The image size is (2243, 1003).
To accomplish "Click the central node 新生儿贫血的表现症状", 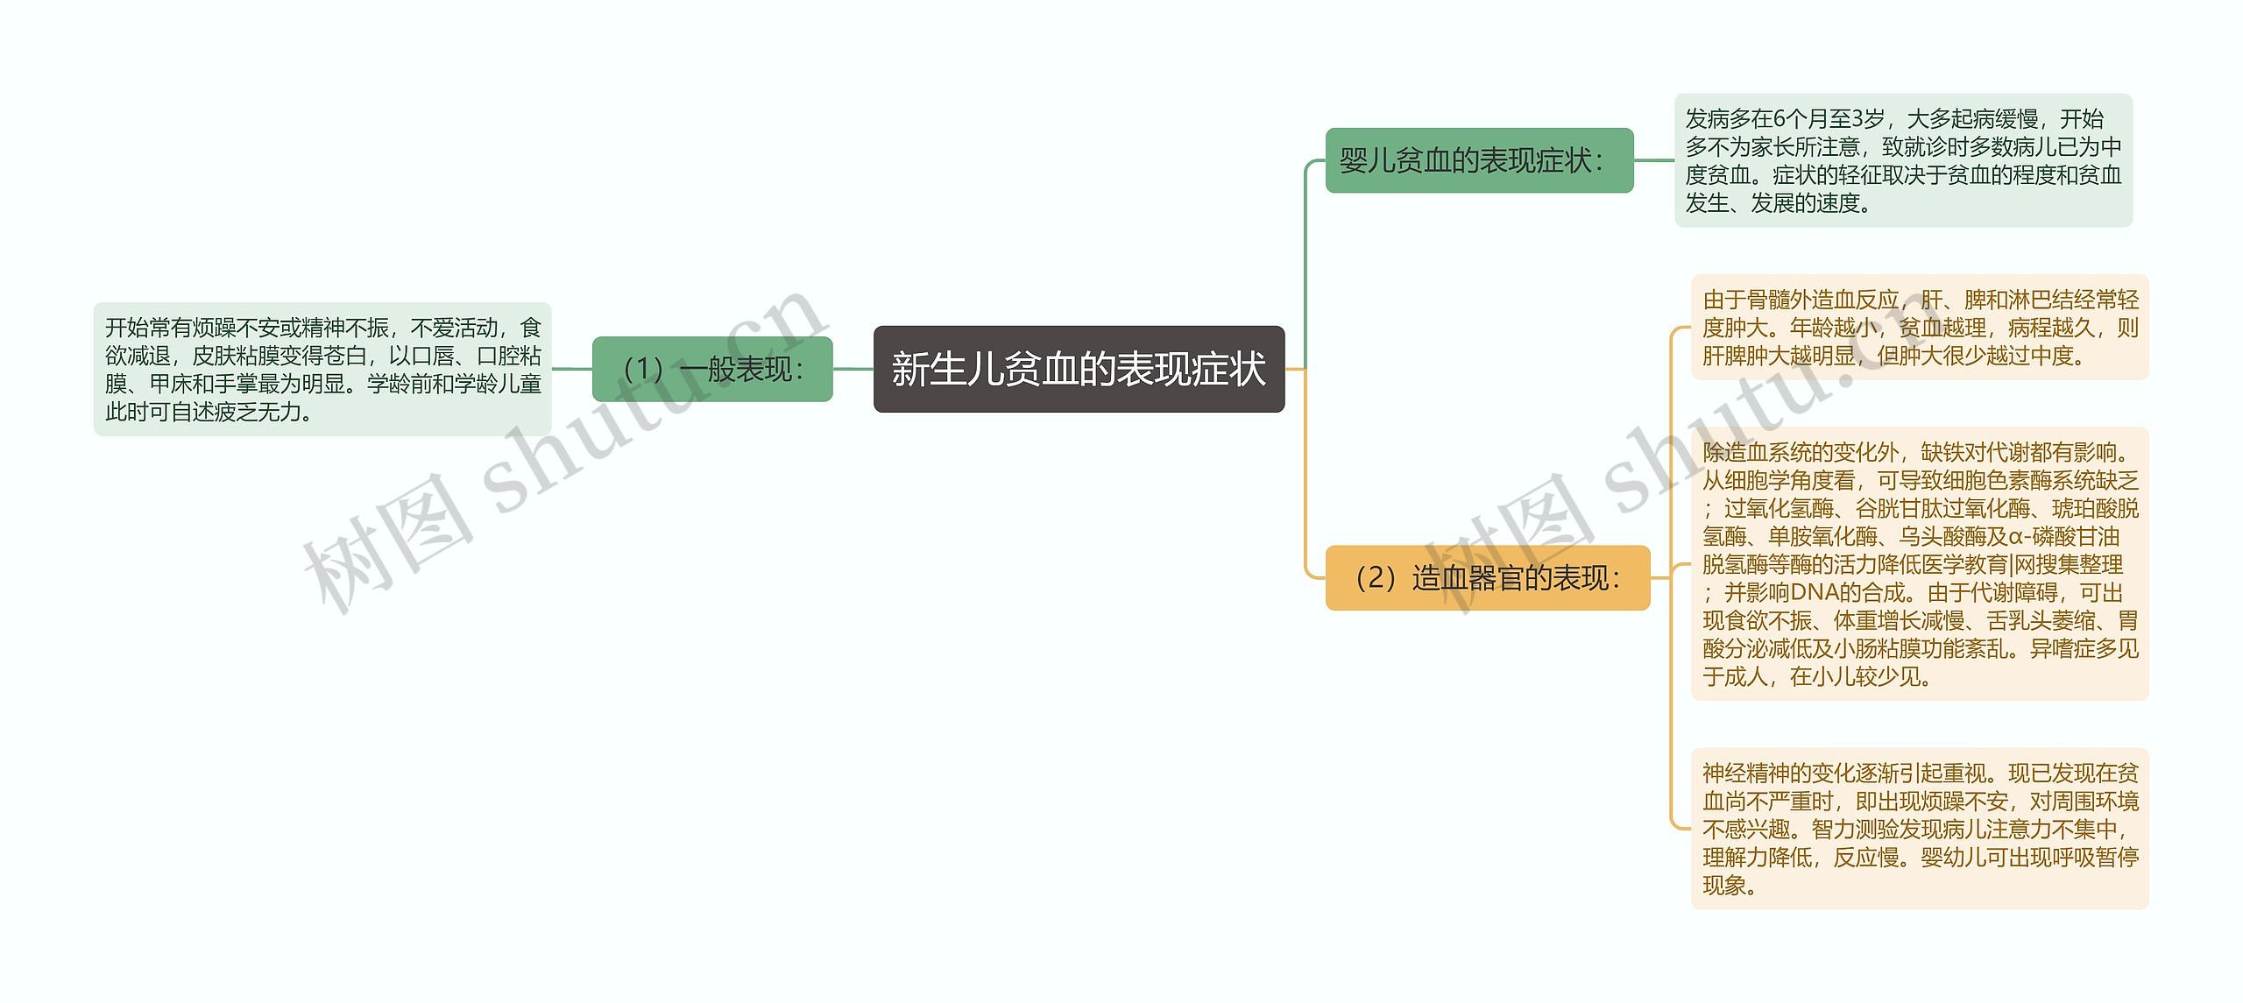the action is click(x=1079, y=369).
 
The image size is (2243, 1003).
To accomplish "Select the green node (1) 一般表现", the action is click(x=711, y=369).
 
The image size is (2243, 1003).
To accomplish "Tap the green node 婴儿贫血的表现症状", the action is click(x=1479, y=160).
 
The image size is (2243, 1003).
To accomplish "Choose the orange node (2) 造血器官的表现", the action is click(x=1487, y=578).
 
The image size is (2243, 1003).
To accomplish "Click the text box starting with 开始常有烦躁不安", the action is click(x=322, y=369).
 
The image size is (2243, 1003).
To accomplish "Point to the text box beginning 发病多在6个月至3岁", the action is click(x=1903, y=160).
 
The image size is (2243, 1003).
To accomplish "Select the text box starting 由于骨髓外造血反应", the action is click(x=1919, y=328).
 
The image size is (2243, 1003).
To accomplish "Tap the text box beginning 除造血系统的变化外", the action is click(x=1919, y=564).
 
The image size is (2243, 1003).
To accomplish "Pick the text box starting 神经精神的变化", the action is click(x=1919, y=828).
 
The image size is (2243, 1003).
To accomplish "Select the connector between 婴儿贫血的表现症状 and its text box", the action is click(x=1654, y=160).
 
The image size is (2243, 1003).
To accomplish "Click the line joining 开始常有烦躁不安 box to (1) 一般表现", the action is click(x=571, y=369).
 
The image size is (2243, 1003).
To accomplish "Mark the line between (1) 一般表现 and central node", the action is click(x=853, y=369).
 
